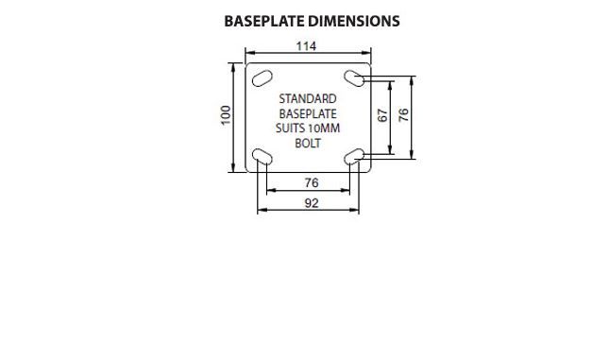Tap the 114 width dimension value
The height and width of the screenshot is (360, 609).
[307, 46]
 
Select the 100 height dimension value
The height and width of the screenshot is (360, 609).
[226, 115]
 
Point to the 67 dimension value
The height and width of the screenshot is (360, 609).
[383, 115]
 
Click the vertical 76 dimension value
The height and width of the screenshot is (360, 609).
[404, 115]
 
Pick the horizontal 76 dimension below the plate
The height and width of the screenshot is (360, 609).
[312, 182]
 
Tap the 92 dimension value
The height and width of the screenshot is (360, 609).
[312, 203]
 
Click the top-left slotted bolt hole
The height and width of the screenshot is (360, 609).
[262, 78]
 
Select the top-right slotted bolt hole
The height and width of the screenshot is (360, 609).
[354, 78]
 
